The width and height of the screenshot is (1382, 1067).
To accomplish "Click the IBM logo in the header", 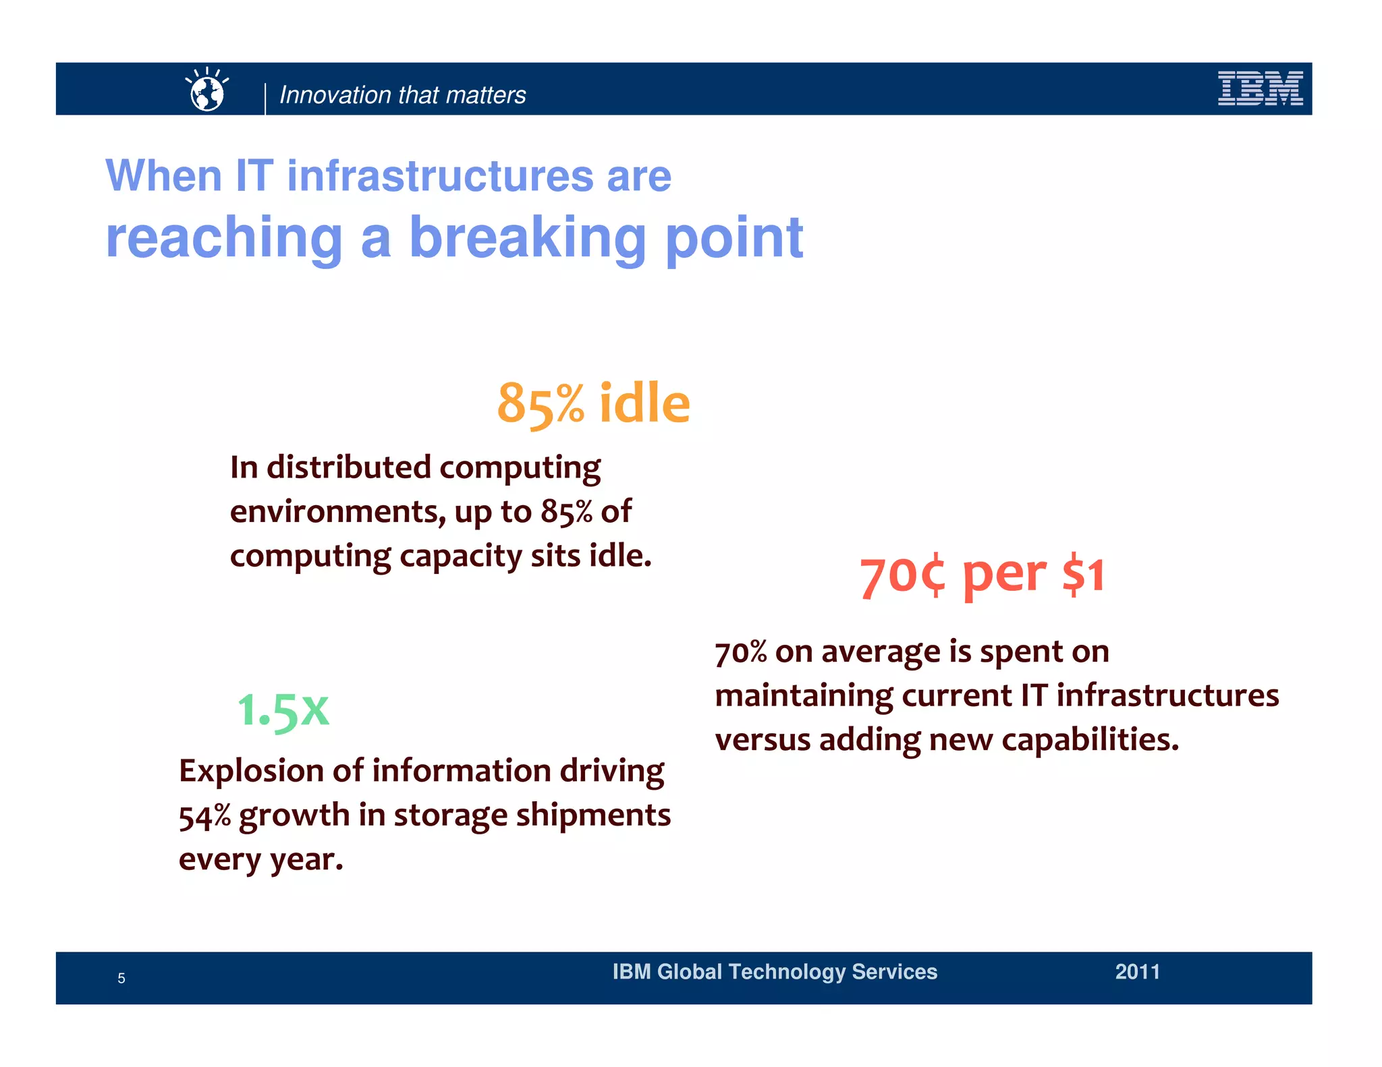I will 1260,88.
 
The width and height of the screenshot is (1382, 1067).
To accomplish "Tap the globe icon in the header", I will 207,91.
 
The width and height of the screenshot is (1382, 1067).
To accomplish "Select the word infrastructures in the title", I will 441,176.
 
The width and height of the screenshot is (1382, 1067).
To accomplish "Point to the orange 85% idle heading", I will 593,403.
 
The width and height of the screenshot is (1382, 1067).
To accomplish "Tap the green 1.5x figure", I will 283,710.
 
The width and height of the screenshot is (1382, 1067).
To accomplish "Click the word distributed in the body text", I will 348,467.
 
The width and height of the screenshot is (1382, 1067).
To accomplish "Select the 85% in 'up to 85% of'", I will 566,512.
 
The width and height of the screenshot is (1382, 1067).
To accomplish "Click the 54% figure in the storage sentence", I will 204,816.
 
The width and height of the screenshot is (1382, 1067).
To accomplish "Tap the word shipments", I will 593,815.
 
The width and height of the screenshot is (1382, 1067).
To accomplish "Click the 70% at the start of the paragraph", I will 740,652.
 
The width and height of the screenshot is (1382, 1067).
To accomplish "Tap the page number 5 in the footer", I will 121,979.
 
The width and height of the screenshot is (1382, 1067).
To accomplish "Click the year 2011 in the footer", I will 1137,972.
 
